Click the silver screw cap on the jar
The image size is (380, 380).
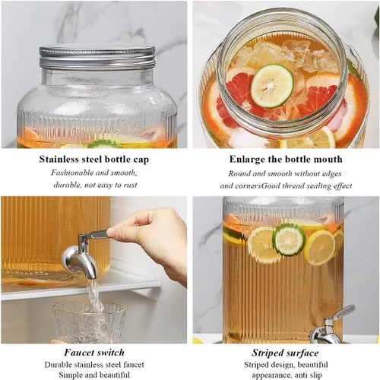click(97, 58)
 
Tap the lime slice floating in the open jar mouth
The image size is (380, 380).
click(272, 86)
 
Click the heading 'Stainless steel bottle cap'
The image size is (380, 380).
click(94, 160)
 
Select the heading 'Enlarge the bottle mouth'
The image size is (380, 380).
click(286, 160)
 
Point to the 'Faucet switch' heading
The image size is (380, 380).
click(94, 353)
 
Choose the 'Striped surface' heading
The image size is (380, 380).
click(285, 353)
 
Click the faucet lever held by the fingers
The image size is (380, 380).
click(98, 234)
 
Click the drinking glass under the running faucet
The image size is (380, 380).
click(89, 321)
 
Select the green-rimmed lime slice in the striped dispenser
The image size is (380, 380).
click(289, 239)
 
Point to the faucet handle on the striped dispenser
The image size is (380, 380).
click(343, 313)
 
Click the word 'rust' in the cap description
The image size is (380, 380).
click(130, 185)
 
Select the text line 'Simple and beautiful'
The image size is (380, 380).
click(94, 375)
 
